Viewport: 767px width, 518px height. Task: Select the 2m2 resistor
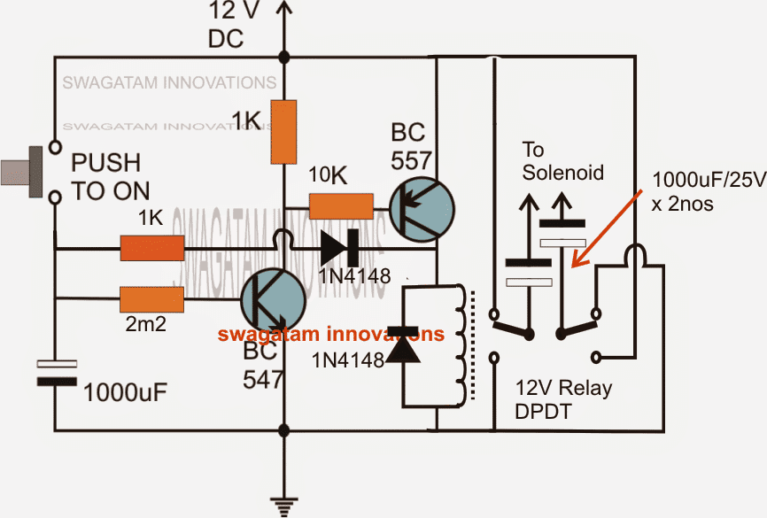coord(151,300)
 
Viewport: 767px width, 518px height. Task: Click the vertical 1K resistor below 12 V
coord(283,132)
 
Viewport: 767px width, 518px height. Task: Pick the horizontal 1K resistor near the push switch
coord(151,249)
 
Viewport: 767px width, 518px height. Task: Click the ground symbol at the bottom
coord(283,506)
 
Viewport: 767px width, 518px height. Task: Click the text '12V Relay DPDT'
coord(564,399)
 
